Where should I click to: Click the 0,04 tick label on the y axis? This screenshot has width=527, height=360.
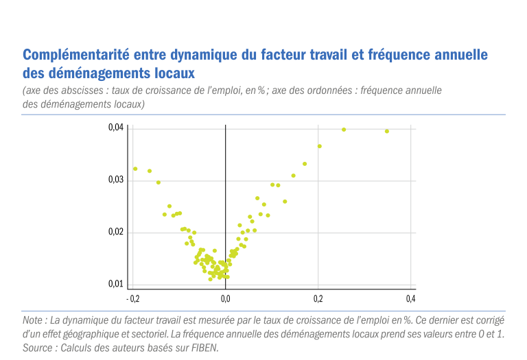tap(116, 128)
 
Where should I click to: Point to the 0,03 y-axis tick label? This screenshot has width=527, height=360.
tap(116, 180)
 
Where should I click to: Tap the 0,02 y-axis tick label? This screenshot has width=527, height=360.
tap(116, 232)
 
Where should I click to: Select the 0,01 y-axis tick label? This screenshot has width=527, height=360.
tap(116, 284)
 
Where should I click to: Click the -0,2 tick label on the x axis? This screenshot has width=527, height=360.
tap(132, 298)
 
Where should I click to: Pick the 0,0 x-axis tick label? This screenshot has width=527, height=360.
tap(226, 298)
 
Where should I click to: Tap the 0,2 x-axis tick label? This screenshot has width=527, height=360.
tap(318, 298)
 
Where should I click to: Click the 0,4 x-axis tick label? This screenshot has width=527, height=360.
tap(411, 298)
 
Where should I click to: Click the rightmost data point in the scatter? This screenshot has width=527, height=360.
tap(387, 131)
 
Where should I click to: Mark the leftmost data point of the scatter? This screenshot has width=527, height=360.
tap(135, 169)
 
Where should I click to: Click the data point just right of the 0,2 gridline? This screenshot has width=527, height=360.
tap(320, 146)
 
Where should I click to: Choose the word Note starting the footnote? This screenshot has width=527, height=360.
tap(32, 320)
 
